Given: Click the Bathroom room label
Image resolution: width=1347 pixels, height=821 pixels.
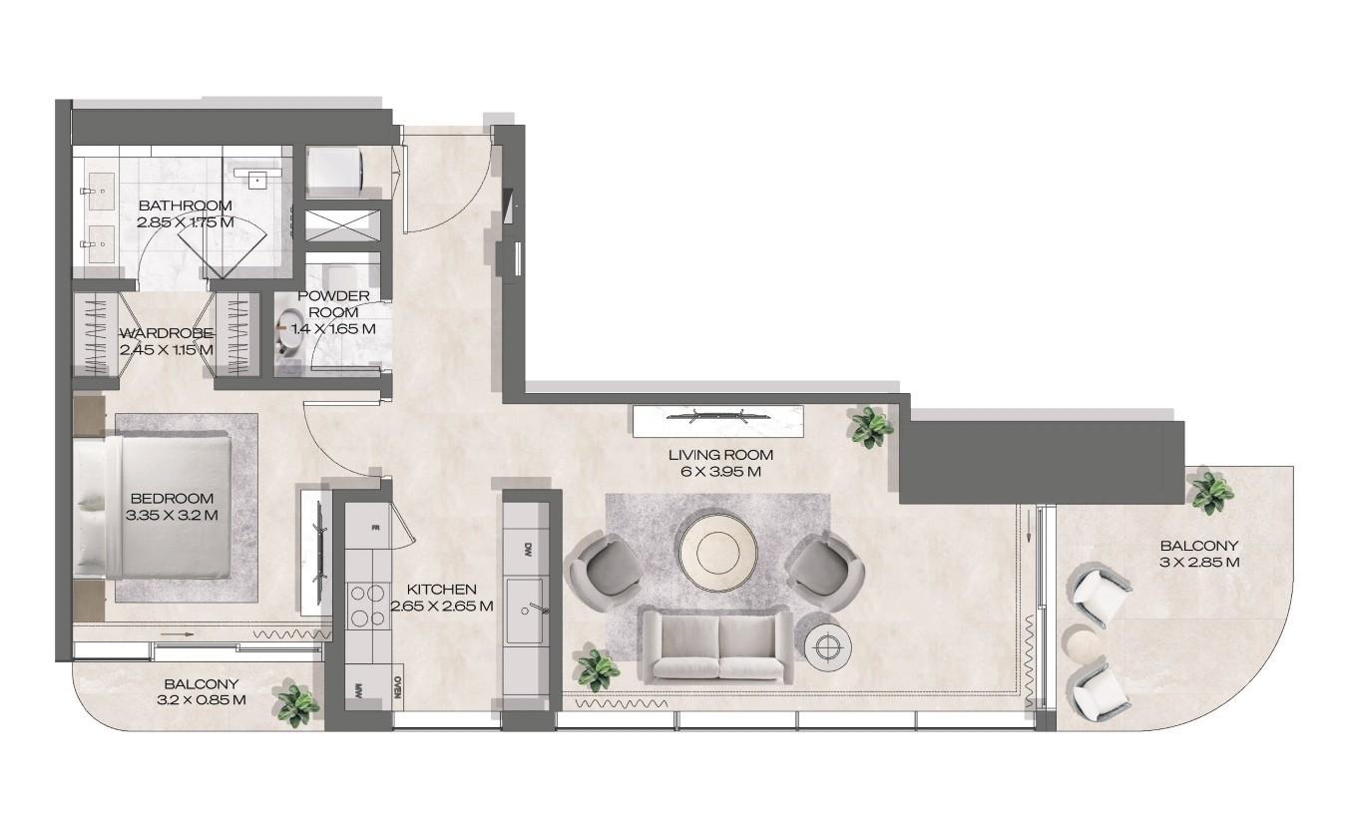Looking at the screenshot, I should pos(185,205).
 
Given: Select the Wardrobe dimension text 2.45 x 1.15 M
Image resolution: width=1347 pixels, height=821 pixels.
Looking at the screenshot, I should pos(166,350).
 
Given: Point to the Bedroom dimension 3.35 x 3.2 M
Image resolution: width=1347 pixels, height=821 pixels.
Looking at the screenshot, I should pos(172,515).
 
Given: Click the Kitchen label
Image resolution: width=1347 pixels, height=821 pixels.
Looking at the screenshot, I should pos(442,590).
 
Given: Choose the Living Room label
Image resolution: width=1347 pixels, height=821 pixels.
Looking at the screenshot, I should pos(720,455).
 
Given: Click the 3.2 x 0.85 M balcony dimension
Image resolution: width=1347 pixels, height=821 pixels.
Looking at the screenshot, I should pos(201,699).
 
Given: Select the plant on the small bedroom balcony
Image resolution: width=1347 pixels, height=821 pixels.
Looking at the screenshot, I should pos(297,704).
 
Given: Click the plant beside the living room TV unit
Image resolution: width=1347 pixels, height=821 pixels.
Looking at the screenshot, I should pos(870,427).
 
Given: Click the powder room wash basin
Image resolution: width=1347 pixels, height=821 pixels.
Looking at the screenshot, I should pos(291,329).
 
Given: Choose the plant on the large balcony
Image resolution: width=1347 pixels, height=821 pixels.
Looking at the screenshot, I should pos(1211,491).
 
